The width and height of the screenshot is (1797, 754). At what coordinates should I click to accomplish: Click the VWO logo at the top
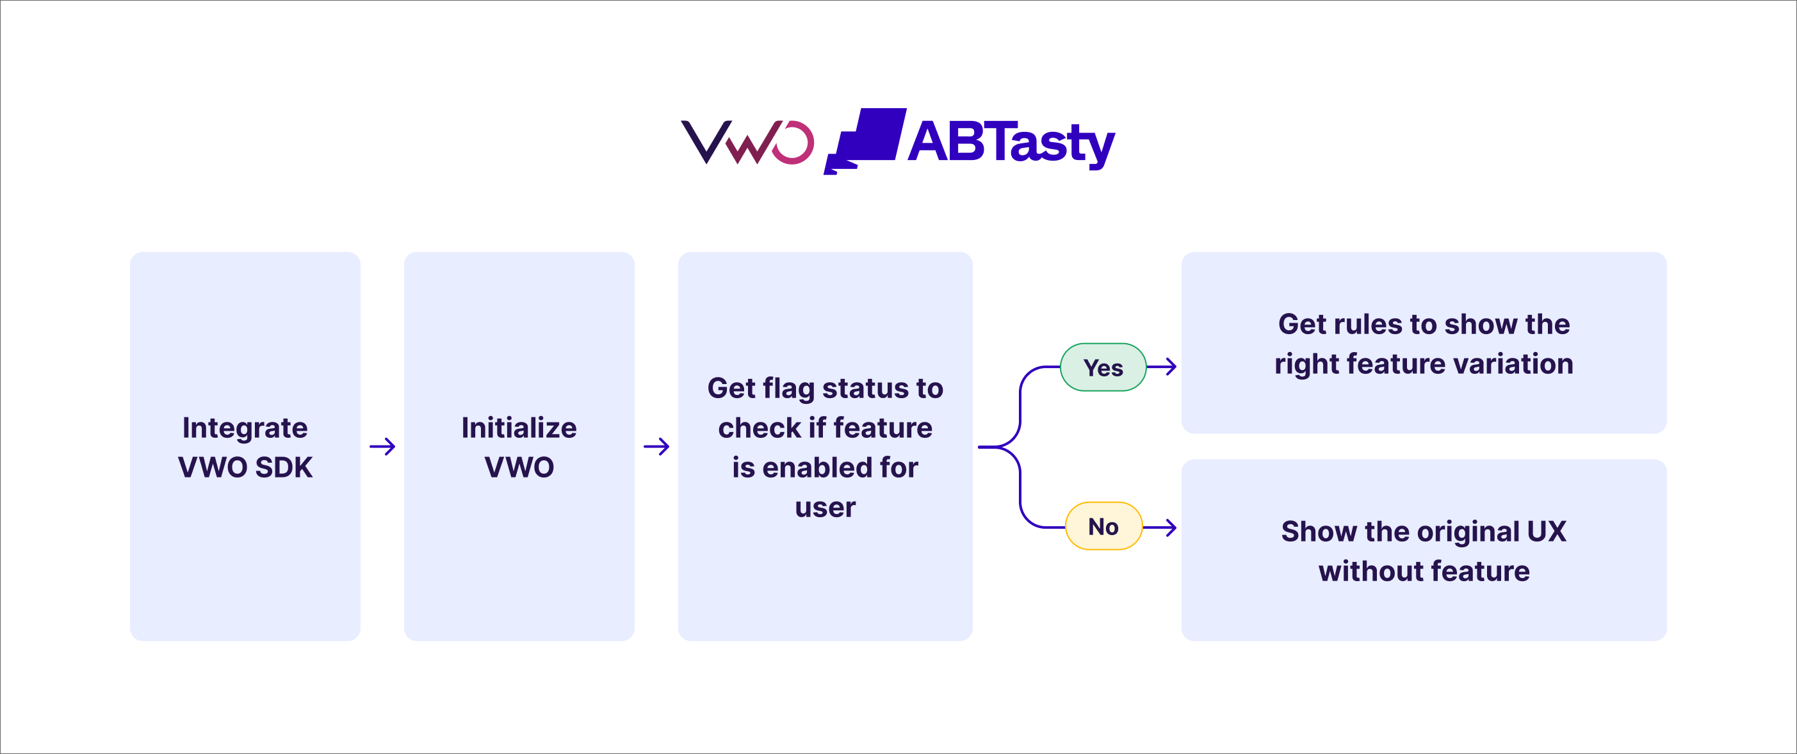pyautogui.click(x=747, y=142)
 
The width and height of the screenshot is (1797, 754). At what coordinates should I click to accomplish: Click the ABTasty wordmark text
pyautogui.click(x=1011, y=143)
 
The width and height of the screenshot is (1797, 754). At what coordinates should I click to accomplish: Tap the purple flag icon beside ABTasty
pyautogui.click(x=865, y=141)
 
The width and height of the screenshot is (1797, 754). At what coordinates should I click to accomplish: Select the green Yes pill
pyautogui.click(x=1103, y=367)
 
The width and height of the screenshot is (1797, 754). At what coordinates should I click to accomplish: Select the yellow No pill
pyautogui.click(x=1103, y=526)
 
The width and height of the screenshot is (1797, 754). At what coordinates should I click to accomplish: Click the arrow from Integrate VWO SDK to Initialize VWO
pyautogui.click(x=382, y=446)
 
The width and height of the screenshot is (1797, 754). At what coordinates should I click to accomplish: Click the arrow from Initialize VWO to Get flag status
pyautogui.click(x=656, y=446)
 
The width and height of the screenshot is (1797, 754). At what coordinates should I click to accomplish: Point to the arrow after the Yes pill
pyautogui.click(x=1162, y=366)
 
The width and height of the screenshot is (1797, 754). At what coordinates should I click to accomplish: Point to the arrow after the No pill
pyautogui.click(x=1160, y=527)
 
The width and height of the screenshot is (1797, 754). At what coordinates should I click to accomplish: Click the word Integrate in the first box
pyautogui.click(x=245, y=428)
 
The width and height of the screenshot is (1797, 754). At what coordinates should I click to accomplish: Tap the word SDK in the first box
pyautogui.click(x=284, y=467)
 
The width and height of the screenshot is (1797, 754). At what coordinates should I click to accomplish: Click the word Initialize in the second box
pyautogui.click(x=519, y=428)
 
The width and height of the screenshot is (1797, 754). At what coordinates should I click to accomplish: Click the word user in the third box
pyautogui.click(x=825, y=508)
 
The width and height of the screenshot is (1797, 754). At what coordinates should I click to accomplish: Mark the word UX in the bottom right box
pyautogui.click(x=1547, y=531)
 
